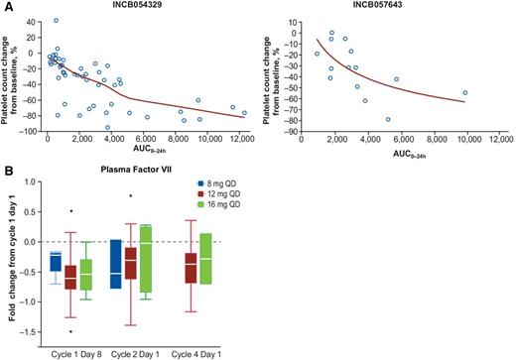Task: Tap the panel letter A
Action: [x=6, y=6]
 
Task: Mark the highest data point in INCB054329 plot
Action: [x=56, y=21]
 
